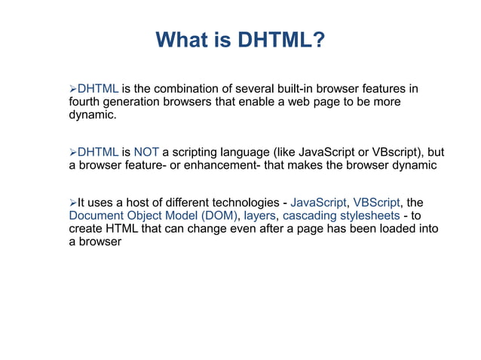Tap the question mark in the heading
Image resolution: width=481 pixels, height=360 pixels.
tap(320, 39)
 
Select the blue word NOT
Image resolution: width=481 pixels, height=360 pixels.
tap(146, 152)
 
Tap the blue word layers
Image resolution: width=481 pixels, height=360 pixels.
tap(259, 215)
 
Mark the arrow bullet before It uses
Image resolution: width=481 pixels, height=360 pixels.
tap(73, 203)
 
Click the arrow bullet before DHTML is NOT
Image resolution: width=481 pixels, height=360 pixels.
tap(73, 152)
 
